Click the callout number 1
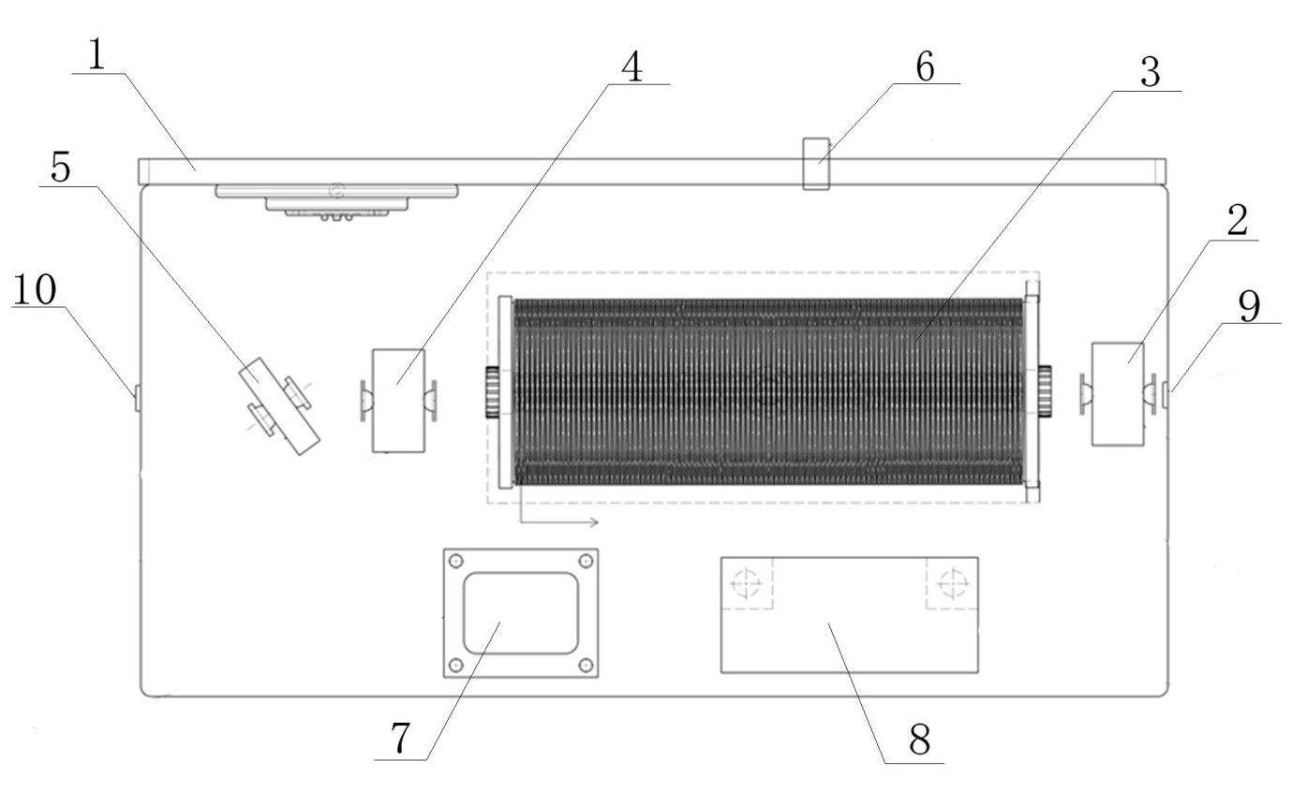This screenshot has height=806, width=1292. (x=97, y=55)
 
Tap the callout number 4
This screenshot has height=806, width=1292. (x=632, y=66)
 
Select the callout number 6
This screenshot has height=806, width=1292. (x=925, y=66)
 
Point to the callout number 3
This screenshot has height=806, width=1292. (x=1151, y=73)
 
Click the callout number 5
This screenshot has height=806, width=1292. (x=61, y=167)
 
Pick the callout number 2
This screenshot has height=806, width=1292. (x=1238, y=221)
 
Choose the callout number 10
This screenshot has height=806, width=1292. (x=35, y=289)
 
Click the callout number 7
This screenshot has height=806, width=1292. (x=400, y=739)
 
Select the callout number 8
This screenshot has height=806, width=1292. (x=920, y=740)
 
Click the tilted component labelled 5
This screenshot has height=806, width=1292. (x=280, y=406)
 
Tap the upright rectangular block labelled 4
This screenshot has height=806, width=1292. (x=398, y=401)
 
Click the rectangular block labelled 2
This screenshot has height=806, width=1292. (x=1118, y=394)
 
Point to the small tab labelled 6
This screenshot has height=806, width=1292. (x=817, y=164)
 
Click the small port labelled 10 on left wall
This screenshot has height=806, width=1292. (x=138, y=398)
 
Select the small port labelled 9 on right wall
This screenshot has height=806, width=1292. (x=1166, y=394)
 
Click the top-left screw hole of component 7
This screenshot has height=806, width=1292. (x=456, y=561)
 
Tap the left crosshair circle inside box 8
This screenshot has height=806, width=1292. (x=747, y=583)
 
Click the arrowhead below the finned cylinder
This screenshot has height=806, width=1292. (x=593, y=522)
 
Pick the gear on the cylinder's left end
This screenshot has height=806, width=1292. (x=492, y=391)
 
